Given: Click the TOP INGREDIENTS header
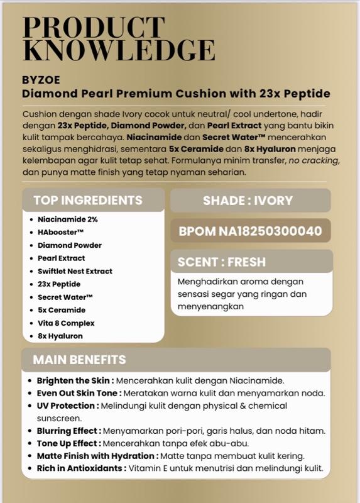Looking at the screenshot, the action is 88,201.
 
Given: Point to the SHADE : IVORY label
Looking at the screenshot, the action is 248,201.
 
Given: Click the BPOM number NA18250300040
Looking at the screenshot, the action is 251,231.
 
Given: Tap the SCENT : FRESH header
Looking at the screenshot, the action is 222,262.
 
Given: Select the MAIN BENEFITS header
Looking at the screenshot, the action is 79,360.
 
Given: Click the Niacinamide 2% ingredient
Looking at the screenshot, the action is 67,219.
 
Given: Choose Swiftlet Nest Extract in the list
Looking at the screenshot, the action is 75,271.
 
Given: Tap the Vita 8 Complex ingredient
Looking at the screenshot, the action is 66,323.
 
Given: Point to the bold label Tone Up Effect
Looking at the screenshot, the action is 68,443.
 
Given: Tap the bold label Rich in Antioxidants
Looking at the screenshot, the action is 80,468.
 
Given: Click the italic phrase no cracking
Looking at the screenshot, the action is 312,160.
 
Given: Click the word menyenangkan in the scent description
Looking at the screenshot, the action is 210,307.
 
